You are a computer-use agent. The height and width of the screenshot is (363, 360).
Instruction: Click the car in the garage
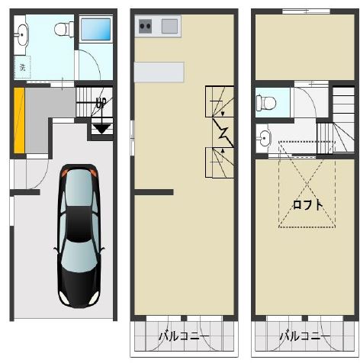[x=79, y=236]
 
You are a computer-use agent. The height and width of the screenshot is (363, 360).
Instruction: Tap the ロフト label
[x=308, y=205]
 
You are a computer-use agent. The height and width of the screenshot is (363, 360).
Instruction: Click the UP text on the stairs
[x=101, y=103]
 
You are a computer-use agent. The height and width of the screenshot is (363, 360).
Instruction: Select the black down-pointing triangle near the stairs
[x=101, y=129]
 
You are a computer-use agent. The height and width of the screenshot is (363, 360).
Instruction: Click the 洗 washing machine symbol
[x=23, y=67]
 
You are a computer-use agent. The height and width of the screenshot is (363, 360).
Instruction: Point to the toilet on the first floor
[x=64, y=29]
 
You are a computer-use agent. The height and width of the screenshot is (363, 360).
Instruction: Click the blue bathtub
[x=96, y=29]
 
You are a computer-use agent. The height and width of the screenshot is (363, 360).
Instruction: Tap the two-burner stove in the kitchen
[x=145, y=26]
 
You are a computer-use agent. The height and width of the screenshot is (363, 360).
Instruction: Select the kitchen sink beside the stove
[x=169, y=26]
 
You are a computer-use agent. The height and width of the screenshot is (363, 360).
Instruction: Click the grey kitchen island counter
[x=159, y=72]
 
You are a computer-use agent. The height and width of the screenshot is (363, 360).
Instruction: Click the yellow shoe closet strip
[x=19, y=120]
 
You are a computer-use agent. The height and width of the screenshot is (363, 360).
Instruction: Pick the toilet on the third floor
[x=266, y=103]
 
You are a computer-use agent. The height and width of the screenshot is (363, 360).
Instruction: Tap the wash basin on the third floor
[x=265, y=138]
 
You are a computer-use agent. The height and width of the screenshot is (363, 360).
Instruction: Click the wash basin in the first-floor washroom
[x=23, y=34]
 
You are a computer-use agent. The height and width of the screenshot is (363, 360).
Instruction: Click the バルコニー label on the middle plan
[x=184, y=336]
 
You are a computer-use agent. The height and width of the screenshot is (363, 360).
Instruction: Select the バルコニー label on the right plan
[x=305, y=336]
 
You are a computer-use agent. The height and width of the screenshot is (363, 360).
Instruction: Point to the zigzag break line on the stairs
[x=223, y=132]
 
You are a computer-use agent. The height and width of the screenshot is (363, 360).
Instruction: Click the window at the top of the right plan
[x=306, y=11]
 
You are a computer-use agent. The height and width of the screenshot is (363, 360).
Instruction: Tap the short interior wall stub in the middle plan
[x=154, y=192]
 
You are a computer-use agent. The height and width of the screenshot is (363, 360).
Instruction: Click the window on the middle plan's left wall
[x=132, y=137]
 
